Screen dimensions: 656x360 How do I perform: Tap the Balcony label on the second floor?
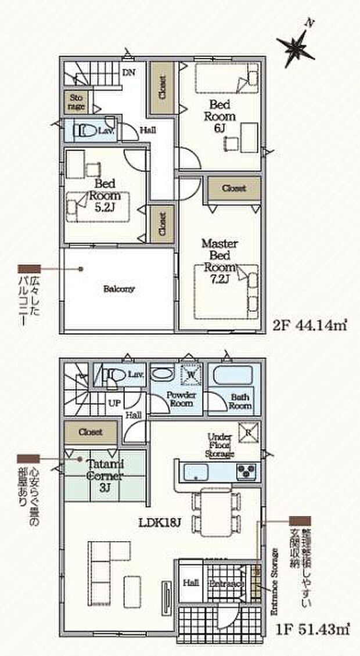(120, 289)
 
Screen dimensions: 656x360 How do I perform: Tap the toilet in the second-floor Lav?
(83, 131)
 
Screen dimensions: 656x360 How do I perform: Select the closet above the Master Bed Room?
(234, 188)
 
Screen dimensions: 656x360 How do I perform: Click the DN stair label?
(128, 73)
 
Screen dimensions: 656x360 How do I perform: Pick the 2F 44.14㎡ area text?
(318, 325)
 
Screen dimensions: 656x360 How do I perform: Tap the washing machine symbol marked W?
(192, 376)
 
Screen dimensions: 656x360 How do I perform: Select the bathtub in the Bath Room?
(231, 376)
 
